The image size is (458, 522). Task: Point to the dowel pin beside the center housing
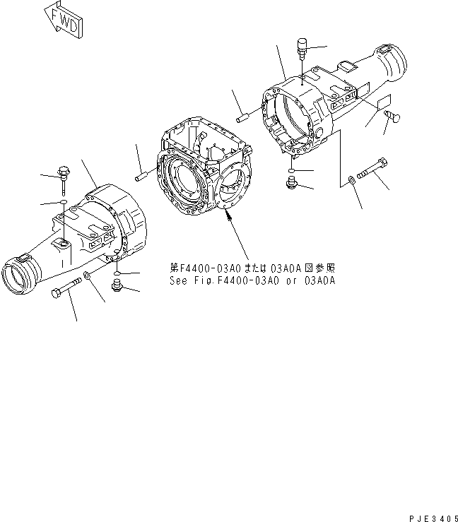[x=141, y=172]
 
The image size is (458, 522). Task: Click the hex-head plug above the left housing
[x=63, y=172]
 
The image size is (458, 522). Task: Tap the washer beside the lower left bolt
[x=86, y=275]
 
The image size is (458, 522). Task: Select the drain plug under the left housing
[x=119, y=285]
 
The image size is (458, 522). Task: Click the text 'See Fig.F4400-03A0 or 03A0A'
[x=252, y=280]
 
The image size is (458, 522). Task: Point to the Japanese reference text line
[x=252, y=268]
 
